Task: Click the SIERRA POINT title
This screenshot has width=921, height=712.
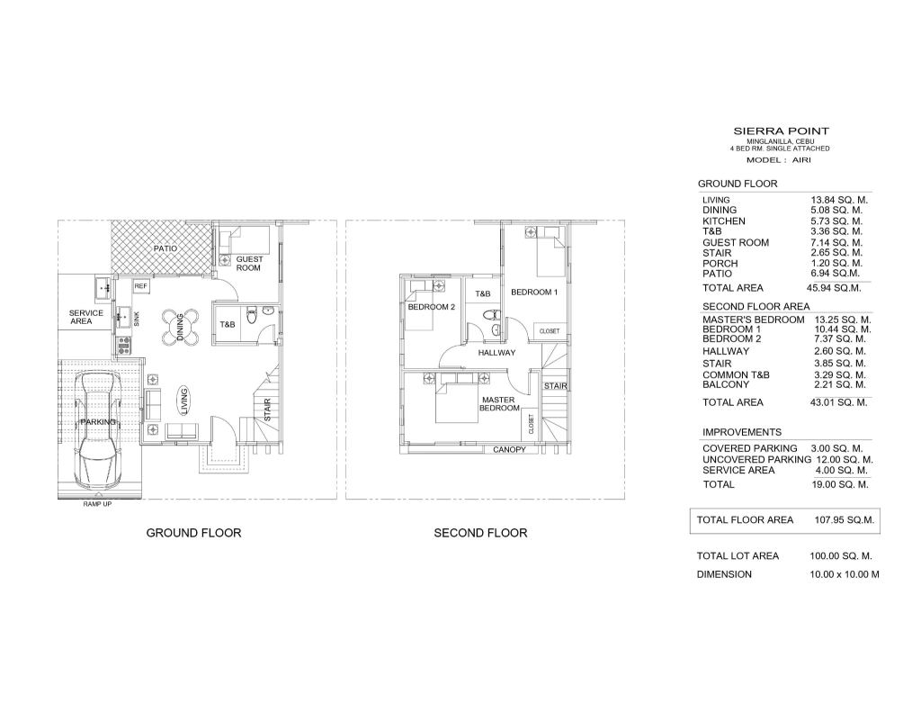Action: click(782, 131)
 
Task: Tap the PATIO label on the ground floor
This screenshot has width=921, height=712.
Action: click(165, 248)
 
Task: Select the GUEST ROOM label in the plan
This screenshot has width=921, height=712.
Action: click(249, 264)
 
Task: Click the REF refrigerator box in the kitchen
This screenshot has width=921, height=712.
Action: click(141, 286)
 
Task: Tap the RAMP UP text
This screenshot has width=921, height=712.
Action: click(97, 504)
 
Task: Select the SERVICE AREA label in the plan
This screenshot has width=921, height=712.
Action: click(85, 317)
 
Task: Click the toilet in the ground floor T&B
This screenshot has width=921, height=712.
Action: click(252, 315)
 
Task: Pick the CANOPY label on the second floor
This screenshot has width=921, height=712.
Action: click(509, 450)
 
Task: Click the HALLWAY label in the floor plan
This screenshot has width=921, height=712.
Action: click(496, 353)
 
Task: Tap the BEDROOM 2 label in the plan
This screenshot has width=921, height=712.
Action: click(432, 307)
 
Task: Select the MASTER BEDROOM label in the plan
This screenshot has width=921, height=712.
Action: click(499, 404)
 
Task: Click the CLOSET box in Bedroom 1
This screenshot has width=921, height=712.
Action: click(550, 331)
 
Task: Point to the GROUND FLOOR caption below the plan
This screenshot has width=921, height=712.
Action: click(194, 533)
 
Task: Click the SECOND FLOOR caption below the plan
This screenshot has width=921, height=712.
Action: click(480, 533)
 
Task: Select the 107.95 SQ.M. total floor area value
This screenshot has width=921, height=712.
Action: click(844, 520)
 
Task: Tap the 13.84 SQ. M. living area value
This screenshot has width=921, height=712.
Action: click(839, 200)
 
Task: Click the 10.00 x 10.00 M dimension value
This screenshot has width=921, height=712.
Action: click(844, 574)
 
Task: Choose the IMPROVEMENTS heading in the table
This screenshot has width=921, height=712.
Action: click(742, 432)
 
